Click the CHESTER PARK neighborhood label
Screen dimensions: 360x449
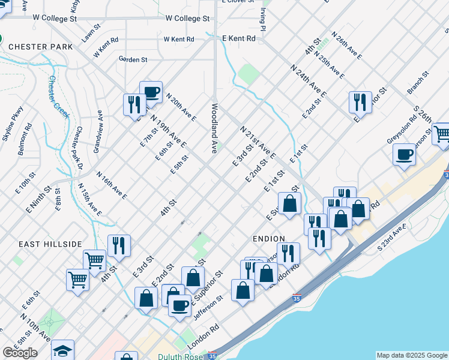coord(41,46)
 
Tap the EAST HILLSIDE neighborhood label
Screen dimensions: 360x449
coord(50,244)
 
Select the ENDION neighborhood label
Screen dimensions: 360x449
coord(268,238)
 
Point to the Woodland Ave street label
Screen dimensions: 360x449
coord(214,127)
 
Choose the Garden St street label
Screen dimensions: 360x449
coord(133,59)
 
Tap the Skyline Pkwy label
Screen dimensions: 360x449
coord(12,124)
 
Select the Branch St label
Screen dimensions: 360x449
coord(418,83)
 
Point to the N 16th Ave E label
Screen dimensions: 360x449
coord(111,184)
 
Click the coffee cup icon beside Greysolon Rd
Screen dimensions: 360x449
coord(404,155)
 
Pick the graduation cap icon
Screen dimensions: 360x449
coord(62,350)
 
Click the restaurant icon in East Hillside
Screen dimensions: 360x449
coord(119,245)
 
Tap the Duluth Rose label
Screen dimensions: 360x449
coord(181,356)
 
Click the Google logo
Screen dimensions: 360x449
coord(20,353)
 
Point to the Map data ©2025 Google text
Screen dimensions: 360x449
coord(412,355)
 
